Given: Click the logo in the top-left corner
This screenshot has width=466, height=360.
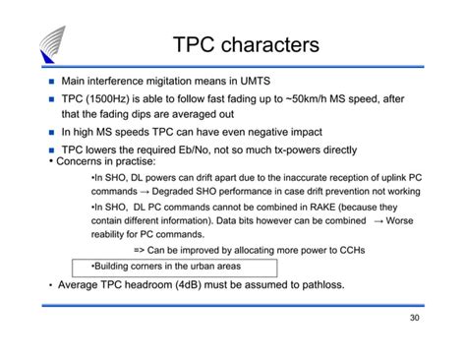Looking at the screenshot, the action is click(x=52, y=44).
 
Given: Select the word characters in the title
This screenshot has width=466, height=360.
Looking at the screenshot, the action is click(x=270, y=44).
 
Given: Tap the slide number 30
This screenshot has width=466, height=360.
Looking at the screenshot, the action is click(x=415, y=318).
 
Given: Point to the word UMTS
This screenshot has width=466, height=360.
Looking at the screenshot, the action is click(x=256, y=81).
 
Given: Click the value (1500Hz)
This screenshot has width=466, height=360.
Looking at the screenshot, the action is click(x=107, y=99).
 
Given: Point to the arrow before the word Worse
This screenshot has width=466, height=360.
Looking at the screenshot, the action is click(x=379, y=221).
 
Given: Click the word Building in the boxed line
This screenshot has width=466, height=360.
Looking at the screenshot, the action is click(x=111, y=267).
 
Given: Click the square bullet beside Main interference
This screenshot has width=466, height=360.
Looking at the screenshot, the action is click(x=51, y=82).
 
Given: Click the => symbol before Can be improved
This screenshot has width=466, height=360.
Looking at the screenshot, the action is click(x=139, y=251).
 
